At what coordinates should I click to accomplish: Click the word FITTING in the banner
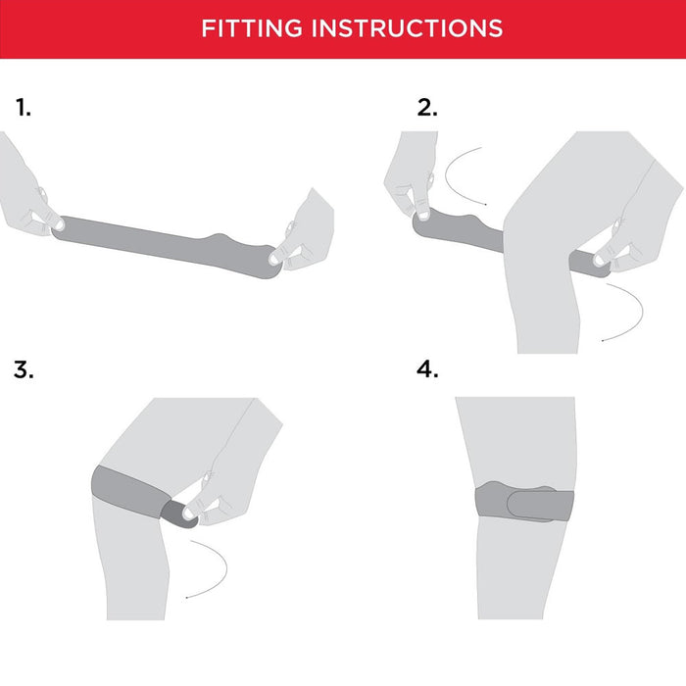coord(252,28)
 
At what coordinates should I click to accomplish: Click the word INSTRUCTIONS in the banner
coord(407,28)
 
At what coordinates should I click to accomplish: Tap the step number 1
coord(24,107)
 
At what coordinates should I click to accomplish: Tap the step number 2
coord(427,107)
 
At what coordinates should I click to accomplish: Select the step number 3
coord(24,369)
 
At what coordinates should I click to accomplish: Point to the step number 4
coord(427,369)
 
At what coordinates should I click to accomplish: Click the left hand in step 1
coord(26,188)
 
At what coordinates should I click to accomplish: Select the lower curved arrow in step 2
coord(629,312)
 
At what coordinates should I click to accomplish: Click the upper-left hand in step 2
coord(412,175)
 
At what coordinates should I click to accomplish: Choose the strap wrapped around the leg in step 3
coord(131,492)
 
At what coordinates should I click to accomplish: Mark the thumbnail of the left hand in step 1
coord(59,224)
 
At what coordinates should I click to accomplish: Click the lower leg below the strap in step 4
coord(516,568)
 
